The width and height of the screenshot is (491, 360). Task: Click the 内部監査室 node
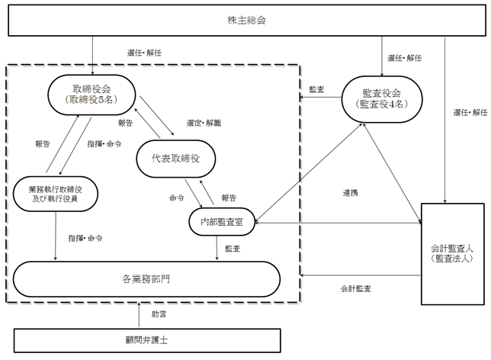[x=221, y=222]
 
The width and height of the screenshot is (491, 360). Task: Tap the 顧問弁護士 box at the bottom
[x=145, y=339]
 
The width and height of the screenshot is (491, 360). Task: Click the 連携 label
[x=351, y=193]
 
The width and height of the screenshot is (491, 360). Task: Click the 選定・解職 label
[x=201, y=121]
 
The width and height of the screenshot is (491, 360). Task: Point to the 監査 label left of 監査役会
[x=316, y=89]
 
